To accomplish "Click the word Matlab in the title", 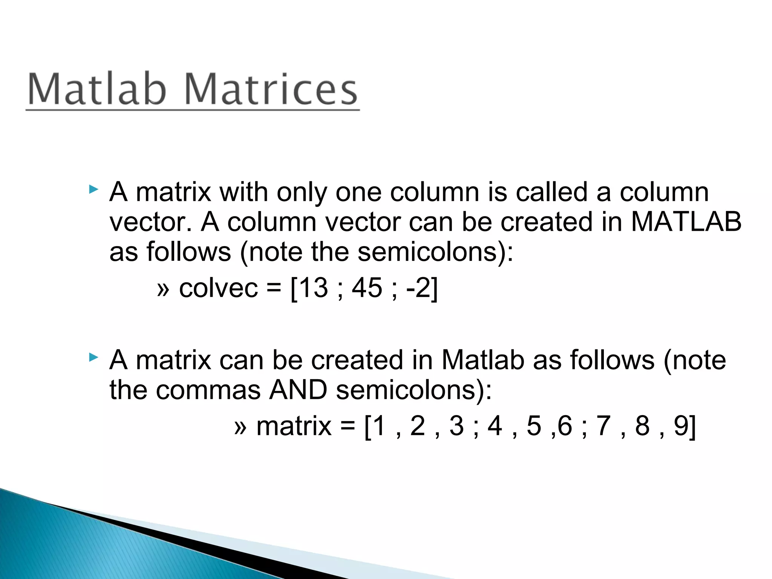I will tap(97, 89).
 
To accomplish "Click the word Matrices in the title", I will tap(271, 89).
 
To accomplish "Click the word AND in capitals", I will tap(298, 390).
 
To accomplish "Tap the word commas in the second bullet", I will tap(208, 390).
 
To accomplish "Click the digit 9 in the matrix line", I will tap(681, 426).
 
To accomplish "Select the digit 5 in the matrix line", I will tap(534, 426).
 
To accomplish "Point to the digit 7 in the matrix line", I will tap(603, 426).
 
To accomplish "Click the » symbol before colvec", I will tap(163, 289).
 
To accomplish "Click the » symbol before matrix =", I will tap(240, 427).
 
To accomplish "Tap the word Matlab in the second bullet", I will tap(483, 360).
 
